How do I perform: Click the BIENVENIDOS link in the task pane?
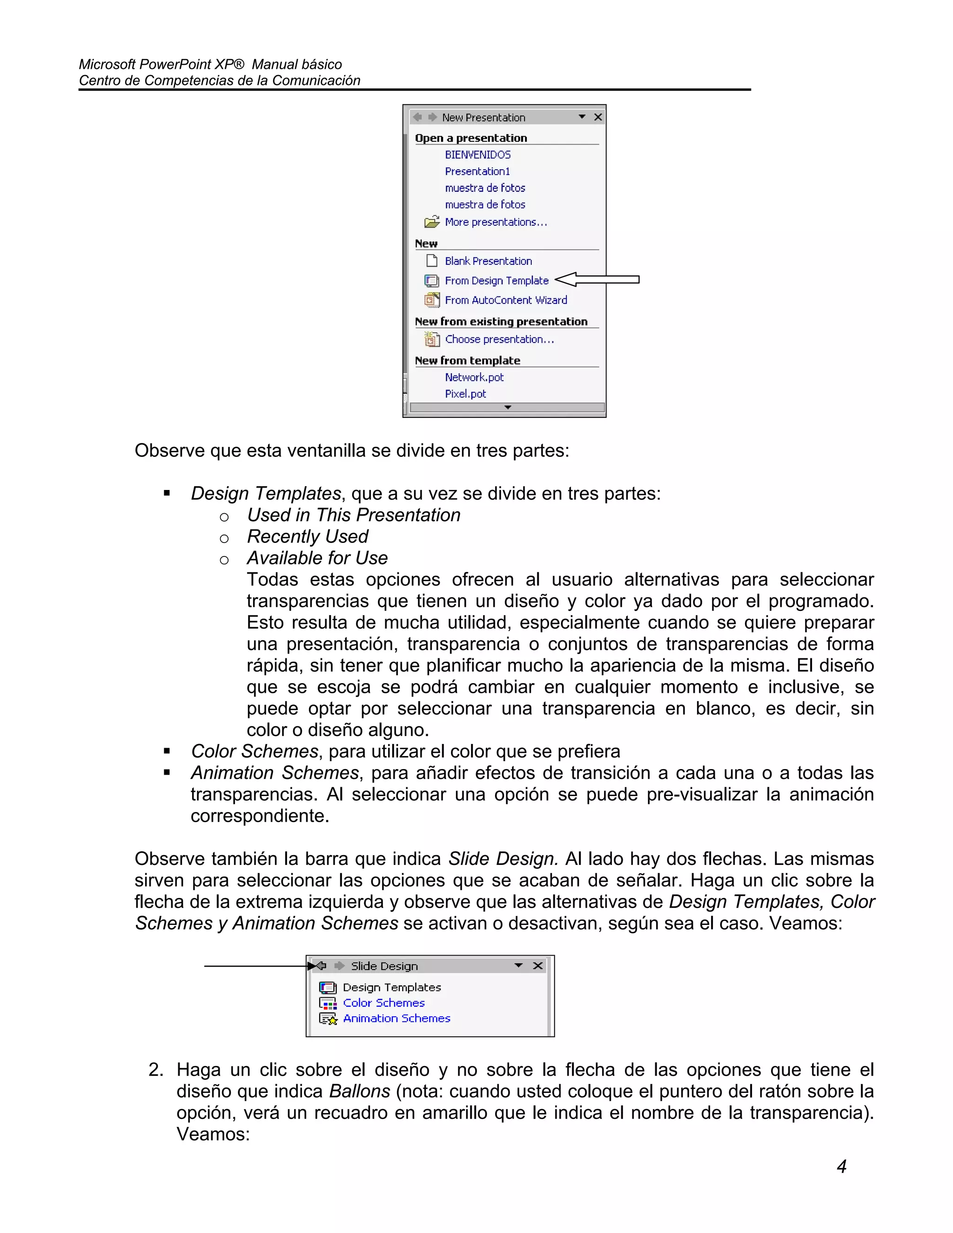point(477,154)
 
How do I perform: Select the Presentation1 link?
point(477,171)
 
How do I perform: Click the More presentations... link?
point(496,222)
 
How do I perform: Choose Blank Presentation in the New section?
point(488,261)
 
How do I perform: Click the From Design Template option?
point(496,281)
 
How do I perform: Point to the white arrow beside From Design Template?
point(597,280)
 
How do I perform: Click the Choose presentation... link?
point(499,339)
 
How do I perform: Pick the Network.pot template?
point(474,377)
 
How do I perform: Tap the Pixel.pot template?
point(465,394)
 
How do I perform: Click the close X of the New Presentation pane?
point(598,117)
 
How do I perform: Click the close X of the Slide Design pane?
point(538,966)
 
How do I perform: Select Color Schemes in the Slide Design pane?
point(384,1003)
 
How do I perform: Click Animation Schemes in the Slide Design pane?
point(396,1019)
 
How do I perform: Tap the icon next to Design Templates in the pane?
point(328,987)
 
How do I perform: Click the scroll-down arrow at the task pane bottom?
point(507,408)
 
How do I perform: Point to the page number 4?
point(841,1167)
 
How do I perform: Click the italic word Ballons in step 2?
point(360,1091)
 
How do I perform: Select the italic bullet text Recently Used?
point(308,536)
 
